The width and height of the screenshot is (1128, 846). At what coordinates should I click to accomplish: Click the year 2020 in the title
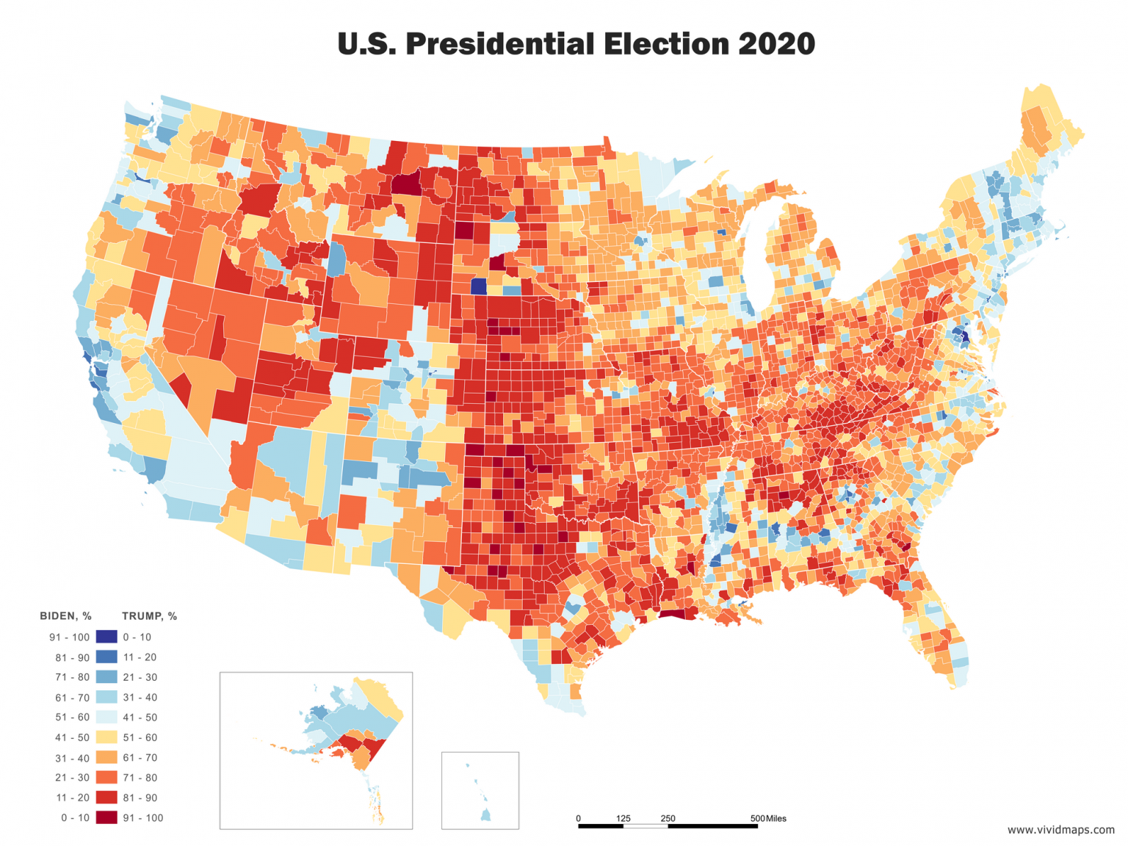776,44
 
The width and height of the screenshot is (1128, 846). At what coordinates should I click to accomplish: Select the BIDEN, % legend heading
65,616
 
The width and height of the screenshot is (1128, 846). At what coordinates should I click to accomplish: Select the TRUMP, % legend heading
149,616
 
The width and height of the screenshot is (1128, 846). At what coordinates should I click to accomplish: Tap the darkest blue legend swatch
106,637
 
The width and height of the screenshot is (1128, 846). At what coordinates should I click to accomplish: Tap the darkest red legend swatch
106,817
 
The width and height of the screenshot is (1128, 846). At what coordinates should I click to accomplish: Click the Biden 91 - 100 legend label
69,637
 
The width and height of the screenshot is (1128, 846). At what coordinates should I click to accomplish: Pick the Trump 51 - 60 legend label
140,737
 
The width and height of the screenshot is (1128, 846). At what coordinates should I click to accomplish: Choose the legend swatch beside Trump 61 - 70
106,757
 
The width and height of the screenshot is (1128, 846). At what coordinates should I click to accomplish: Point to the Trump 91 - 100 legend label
142,817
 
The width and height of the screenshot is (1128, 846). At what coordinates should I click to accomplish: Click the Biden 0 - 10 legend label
75,817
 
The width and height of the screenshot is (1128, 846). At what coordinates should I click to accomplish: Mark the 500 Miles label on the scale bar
768,818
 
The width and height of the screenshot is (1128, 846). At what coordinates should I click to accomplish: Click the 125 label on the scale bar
623,818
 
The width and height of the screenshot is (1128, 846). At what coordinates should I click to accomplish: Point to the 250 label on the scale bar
668,818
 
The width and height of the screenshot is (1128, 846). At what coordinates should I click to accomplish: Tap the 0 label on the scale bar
578,818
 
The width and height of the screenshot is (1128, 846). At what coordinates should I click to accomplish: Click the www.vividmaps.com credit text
1060,830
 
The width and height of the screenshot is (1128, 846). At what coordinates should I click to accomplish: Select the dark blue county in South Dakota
479,286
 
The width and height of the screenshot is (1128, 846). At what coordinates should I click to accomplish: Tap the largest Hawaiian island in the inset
486,814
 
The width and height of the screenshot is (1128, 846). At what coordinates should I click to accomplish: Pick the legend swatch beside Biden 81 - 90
106,657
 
